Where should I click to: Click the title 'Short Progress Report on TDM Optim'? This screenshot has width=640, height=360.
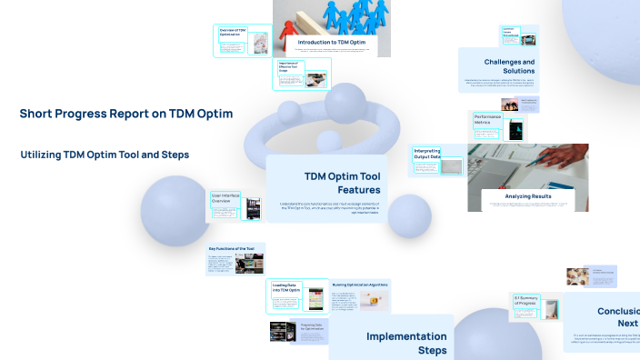[x=126, y=114]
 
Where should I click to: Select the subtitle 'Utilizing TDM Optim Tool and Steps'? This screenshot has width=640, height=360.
[x=105, y=155]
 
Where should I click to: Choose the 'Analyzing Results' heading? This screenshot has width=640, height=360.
[x=529, y=195]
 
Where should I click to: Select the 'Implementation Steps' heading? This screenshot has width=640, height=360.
[x=405, y=343]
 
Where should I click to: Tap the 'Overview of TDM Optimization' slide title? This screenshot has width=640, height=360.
[x=234, y=32]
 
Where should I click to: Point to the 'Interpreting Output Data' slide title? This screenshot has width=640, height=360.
[x=427, y=154]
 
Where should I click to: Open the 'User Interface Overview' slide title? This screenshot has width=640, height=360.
[x=224, y=198]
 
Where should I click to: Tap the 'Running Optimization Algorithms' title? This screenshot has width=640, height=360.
[x=360, y=285]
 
